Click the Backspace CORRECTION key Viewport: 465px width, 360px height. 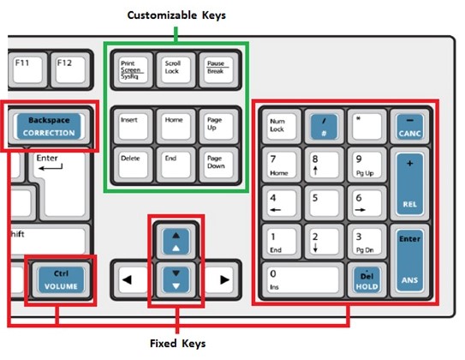pyautogui.click(x=49, y=127)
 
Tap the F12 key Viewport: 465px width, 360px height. pyautogui.click(x=70, y=70)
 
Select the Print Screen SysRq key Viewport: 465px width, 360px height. pyautogui.click(x=134, y=70)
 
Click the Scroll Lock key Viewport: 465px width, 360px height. pyautogui.click(x=176, y=70)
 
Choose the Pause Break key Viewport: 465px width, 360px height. pyautogui.click(x=219, y=70)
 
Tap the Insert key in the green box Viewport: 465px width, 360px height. pyautogui.click(x=134, y=127)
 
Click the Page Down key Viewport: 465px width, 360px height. pyautogui.click(x=219, y=165)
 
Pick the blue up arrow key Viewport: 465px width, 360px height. pyautogui.click(x=176, y=242)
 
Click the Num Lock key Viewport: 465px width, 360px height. pyautogui.click(x=282, y=127)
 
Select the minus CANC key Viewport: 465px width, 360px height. pyautogui.click(x=409, y=127)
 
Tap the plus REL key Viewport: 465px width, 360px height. pyautogui.click(x=409, y=184)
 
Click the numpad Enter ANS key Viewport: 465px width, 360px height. pyautogui.click(x=409, y=261)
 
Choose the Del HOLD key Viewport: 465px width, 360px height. pyautogui.click(x=367, y=280)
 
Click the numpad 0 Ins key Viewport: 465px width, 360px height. pyautogui.click(x=303, y=280)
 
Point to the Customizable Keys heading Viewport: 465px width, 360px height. pyautogui.click(x=176, y=15)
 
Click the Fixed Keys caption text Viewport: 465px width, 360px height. pyautogui.click(x=177, y=344)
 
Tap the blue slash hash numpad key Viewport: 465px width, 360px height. pyautogui.click(x=325, y=127)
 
